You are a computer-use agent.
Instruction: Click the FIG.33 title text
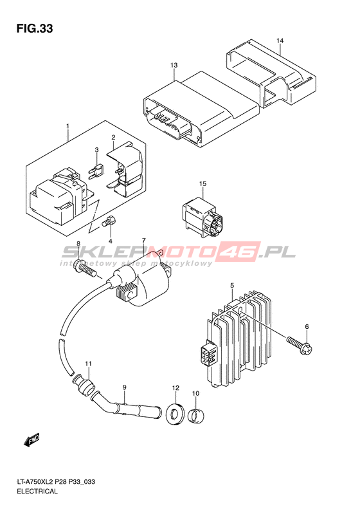tap(35, 28)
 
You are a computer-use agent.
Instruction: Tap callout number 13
tap(174, 65)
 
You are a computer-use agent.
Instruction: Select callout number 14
tap(280, 41)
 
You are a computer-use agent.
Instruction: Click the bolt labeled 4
tap(110, 222)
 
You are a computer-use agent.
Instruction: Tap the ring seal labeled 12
tap(175, 413)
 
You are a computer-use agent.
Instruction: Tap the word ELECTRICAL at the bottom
tap(37, 491)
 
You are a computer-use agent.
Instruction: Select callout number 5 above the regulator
tap(232, 285)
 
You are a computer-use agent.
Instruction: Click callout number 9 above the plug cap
tap(124, 387)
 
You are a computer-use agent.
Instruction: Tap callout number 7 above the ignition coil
tap(143, 241)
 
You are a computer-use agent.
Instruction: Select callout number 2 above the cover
tap(113, 137)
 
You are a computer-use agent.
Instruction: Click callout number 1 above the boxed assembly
tap(67, 126)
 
